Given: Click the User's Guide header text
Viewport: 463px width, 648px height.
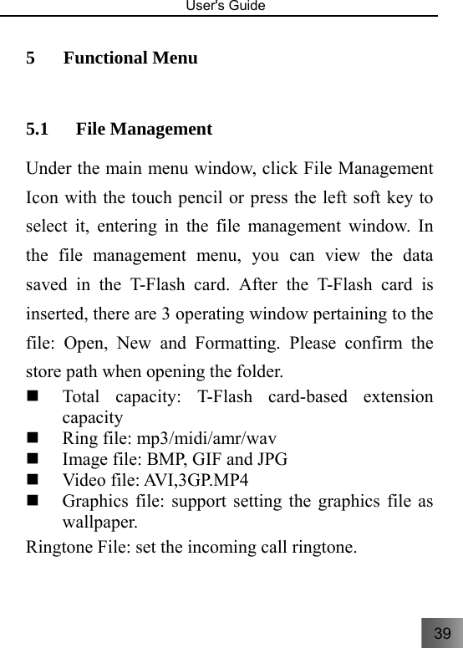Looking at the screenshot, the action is point(231,7).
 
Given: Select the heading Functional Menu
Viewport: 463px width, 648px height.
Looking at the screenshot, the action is point(130,59).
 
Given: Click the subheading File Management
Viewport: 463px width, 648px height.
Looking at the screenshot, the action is point(144,130).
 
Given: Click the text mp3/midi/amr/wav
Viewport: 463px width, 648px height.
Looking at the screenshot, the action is point(207,437).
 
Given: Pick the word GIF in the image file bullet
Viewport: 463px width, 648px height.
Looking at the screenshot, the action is point(221,459).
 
